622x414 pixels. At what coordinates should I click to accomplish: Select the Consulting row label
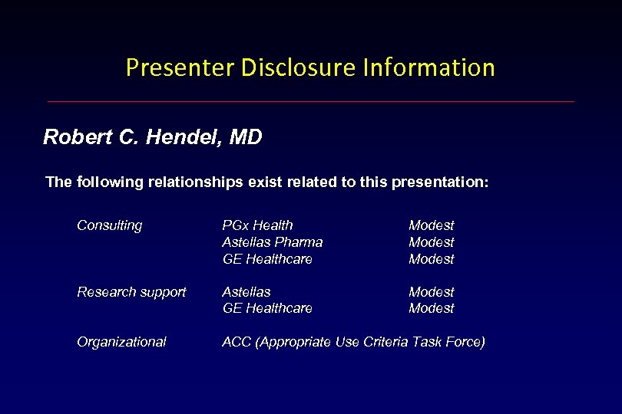coord(109,225)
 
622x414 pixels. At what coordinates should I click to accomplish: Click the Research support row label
coord(131,292)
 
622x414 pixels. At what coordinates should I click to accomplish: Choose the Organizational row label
coord(121,342)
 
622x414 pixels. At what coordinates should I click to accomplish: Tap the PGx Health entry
coord(257,225)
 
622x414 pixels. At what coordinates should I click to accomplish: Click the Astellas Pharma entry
coord(272,242)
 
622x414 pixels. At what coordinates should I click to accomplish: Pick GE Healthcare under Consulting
coord(267,259)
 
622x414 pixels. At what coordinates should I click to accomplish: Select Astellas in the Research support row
coord(246,292)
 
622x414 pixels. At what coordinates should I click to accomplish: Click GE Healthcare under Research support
coord(267,308)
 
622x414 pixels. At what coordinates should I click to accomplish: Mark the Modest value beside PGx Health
coord(431,225)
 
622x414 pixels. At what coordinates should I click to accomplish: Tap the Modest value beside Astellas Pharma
coord(431,242)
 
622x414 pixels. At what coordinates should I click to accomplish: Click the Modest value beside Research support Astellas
coord(431,292)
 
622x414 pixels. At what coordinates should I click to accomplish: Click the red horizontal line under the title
coord(310,101)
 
